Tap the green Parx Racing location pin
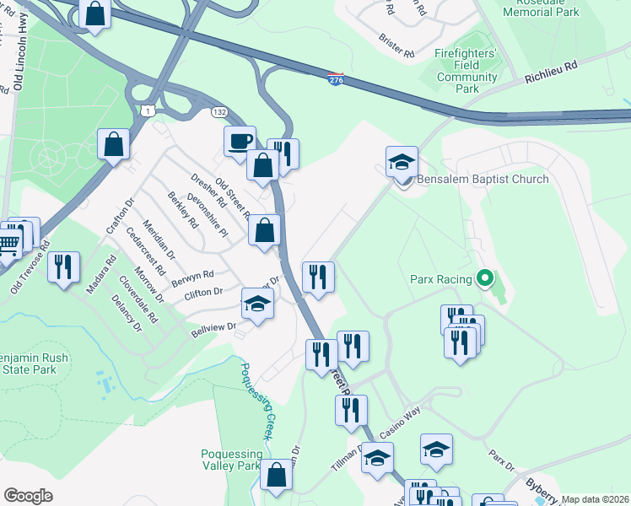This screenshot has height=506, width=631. tap(484, 277)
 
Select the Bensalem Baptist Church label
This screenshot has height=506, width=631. tap(483, 179)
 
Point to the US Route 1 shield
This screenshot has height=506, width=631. tap(148, 111)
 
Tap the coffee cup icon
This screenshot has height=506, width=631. tap(240, 140)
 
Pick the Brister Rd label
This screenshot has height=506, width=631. tap(396, 46)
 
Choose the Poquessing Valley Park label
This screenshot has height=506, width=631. tap(231, 460)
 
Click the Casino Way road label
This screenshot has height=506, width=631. tap(400, 423)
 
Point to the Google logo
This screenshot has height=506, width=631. tap(29, 496)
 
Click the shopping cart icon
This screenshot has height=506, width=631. tap(8, 244)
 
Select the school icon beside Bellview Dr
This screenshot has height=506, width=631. tap(258, 303)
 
